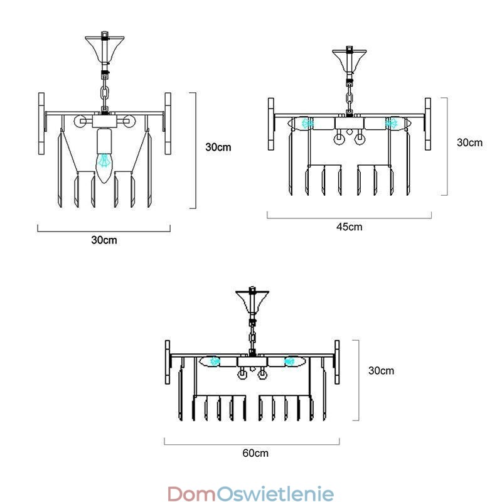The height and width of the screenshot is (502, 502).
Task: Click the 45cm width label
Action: tap(349, 227)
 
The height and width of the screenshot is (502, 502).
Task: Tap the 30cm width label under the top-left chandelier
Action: tap(104, 240)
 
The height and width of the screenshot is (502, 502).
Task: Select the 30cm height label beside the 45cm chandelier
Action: tap(469, 142)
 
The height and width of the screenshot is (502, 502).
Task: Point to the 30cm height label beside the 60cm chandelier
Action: tap(381, 370)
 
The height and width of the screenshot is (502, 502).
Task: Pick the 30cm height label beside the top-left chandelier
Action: tap(218, 147)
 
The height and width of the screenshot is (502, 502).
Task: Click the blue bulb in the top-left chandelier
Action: tap(105, 164)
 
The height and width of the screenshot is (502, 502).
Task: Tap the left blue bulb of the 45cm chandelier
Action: tap(307, 123)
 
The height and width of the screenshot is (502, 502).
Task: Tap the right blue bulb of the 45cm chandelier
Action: tap(392, 123)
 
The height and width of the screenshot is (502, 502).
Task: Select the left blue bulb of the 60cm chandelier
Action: tap(215, 361)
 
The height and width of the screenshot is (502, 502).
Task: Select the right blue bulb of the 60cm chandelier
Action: tap(290, 361)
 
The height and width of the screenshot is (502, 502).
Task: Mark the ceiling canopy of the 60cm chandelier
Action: tap(252, 301)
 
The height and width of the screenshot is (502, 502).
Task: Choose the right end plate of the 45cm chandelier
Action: tap(428, 123)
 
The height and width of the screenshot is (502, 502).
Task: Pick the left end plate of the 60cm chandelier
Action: tap(168, 361)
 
